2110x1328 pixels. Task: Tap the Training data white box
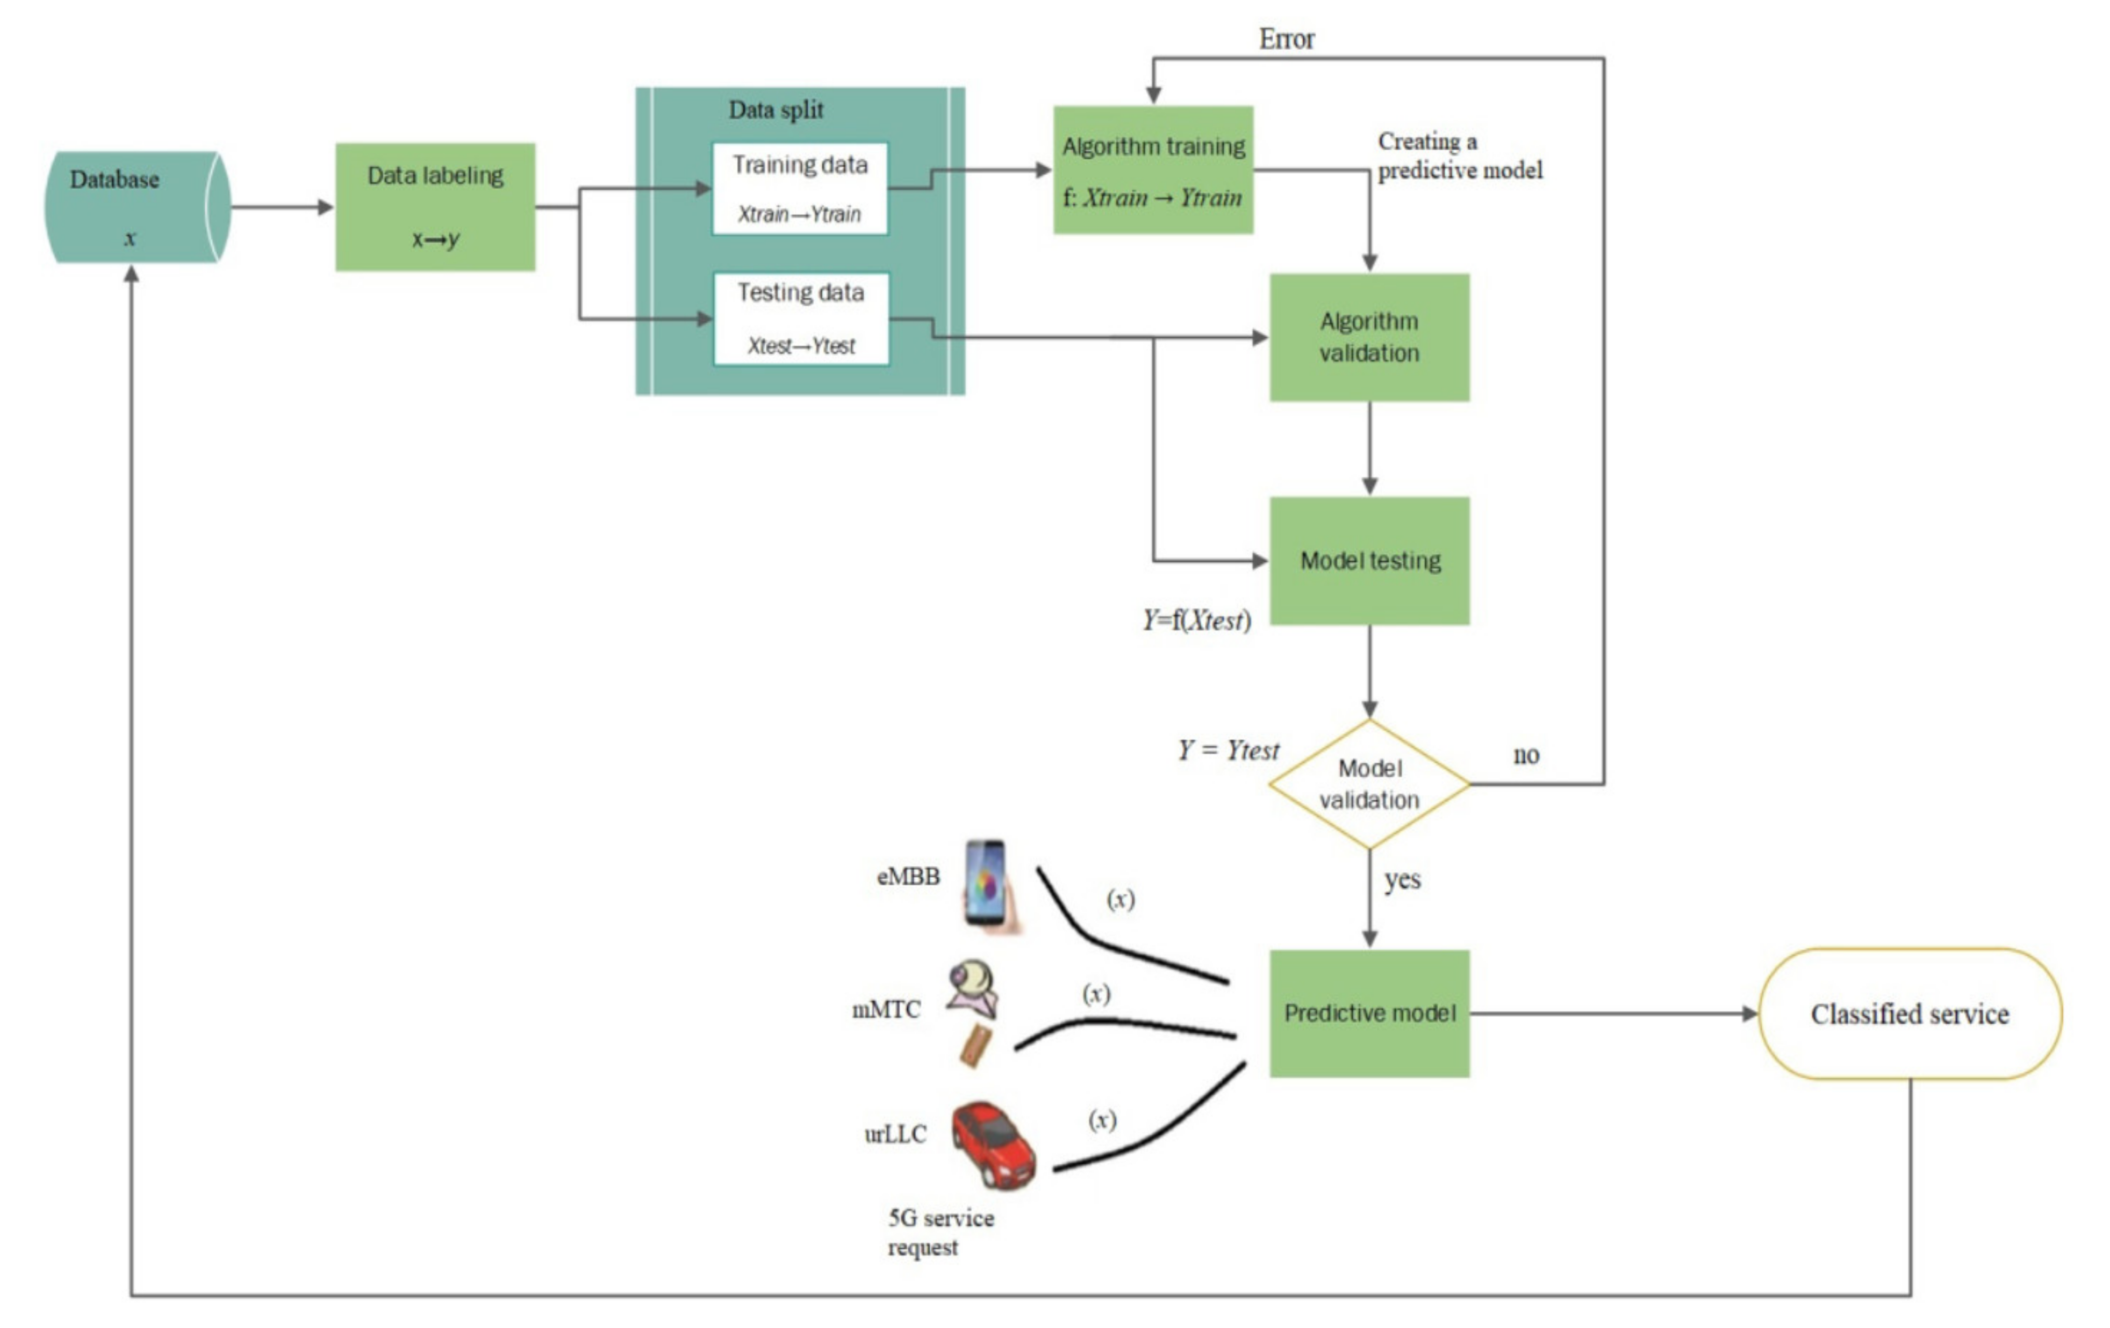[799, 188]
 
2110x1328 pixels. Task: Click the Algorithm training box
[1153, 170]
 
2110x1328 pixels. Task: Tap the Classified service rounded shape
[1910, 1013]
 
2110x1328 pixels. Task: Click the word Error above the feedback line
[1286, 39]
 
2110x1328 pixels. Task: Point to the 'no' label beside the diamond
[1526, 755]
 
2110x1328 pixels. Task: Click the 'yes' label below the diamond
[1402, 879]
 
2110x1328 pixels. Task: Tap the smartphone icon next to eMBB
[988, 885]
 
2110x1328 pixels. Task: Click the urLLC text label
[895, 1134]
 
